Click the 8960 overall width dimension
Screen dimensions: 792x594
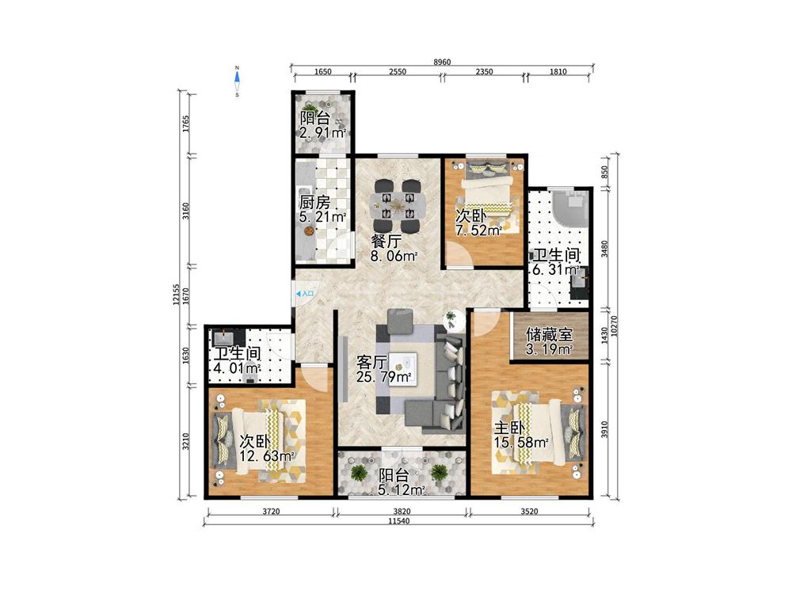[442, 62]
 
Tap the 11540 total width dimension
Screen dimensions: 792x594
[399, 521]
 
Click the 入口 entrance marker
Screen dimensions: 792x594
[305, 294]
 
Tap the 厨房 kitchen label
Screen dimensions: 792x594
[314, 203]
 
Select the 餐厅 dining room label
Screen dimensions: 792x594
[386, 241]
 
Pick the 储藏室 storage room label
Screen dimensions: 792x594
[549, 334]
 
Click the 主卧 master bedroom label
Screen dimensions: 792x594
[509, 428]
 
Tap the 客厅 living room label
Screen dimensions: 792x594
[372, 362]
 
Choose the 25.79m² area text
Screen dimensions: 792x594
[383, 377]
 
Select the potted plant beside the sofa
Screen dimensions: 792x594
[450, 319]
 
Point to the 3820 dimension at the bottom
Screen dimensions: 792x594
[402, 511]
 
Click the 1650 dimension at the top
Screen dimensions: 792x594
[323, 72]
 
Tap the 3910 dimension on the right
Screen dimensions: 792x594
[604, 429]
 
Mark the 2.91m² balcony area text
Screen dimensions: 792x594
[323, 133]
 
